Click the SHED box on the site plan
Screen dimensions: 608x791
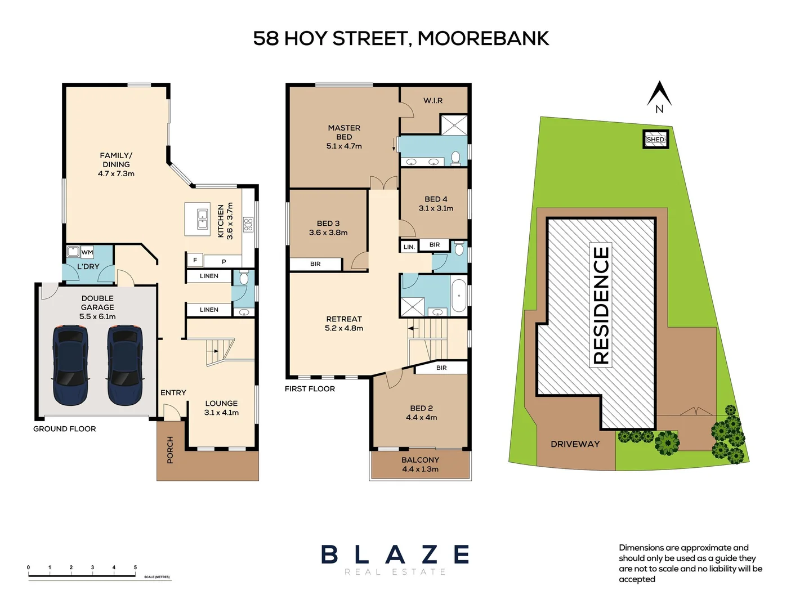(x=655, y=139)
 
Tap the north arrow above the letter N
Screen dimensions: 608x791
(x=659, y=92)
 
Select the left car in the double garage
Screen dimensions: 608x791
(x=70, y=364)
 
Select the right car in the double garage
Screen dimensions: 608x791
(x=125, y=364)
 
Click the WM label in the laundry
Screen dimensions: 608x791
(x=87, y=252)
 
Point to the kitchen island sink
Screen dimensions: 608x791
(x=202, y=219)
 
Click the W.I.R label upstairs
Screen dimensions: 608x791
(x=433, y=100)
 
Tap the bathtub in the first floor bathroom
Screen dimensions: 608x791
(x=459, y=295)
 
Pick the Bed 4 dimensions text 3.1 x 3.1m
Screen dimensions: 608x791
(x=436, y=208)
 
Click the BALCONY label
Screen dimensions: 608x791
(x=420, y=460)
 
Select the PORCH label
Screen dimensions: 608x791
(x=170, y=450)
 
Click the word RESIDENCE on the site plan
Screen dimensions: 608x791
(x=601, y=305)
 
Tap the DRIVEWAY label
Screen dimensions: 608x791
(x=575, y=444)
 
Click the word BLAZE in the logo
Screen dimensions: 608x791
(x=395, y=555)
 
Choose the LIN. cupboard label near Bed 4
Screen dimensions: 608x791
(x=409, y=247)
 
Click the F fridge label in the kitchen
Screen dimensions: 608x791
(x=195, y=260)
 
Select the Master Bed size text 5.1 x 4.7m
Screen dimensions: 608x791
(x=344, y=146)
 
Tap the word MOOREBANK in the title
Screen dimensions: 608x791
(x=483, y=38)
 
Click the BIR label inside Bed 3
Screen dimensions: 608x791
(x=315, y=264)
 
